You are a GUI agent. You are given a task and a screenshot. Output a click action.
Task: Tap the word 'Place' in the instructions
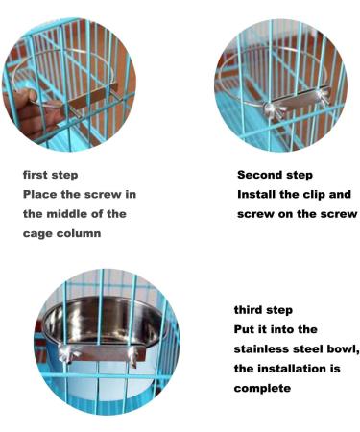click(x=42, y=194)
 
